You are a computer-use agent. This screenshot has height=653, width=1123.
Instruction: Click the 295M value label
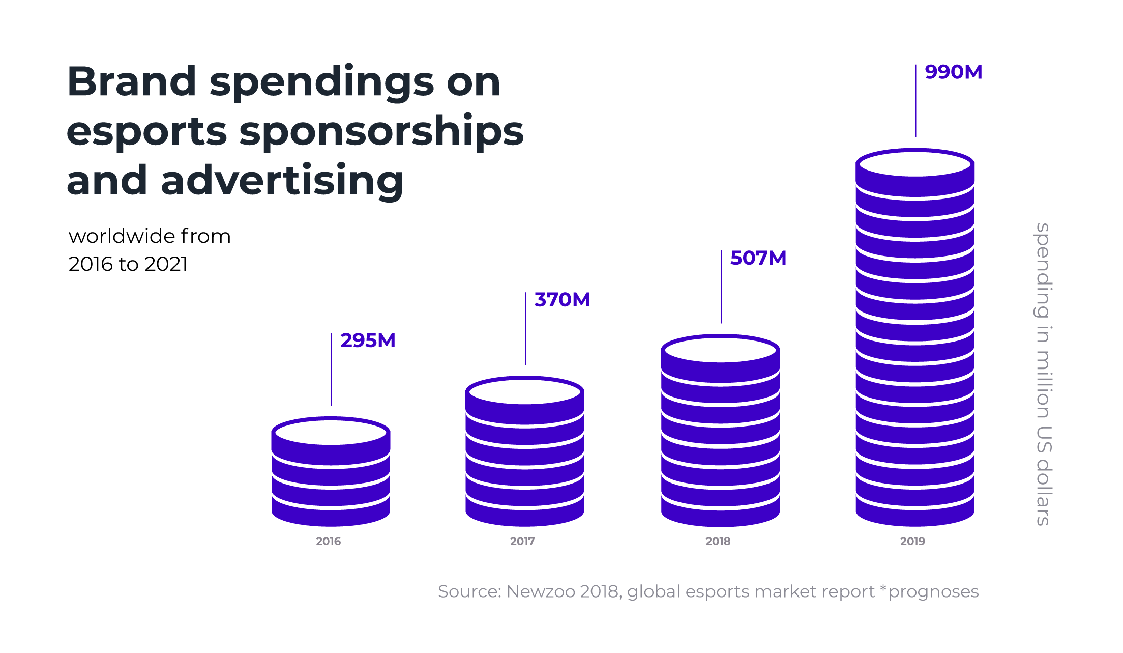tap(368, 340)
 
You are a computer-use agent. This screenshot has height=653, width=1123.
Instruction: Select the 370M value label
tap(562, 300)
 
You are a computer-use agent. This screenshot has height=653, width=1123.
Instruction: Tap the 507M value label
tap(758, 258)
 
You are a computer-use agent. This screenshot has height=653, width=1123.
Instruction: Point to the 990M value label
tap(953, 72)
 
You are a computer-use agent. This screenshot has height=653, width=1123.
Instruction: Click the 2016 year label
tap(328, 541)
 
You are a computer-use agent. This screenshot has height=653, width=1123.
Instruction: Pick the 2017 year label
tap(522, 541)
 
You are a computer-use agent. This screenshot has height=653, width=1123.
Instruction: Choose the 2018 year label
tap(718, 541)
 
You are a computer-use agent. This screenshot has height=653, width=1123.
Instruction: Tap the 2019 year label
tap(912, 541)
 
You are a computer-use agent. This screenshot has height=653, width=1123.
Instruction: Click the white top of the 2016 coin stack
tap(331, 433)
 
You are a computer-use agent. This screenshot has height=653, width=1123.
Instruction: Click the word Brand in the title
tap(132, 81)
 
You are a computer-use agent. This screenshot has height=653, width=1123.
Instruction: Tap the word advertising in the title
tap(282, 181)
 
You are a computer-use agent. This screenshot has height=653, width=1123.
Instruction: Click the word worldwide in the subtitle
tap(122, 236)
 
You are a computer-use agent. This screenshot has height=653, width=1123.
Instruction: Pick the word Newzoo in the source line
tap(540, 591)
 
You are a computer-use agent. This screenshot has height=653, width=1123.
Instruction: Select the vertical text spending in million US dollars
tap(1043, 374)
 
